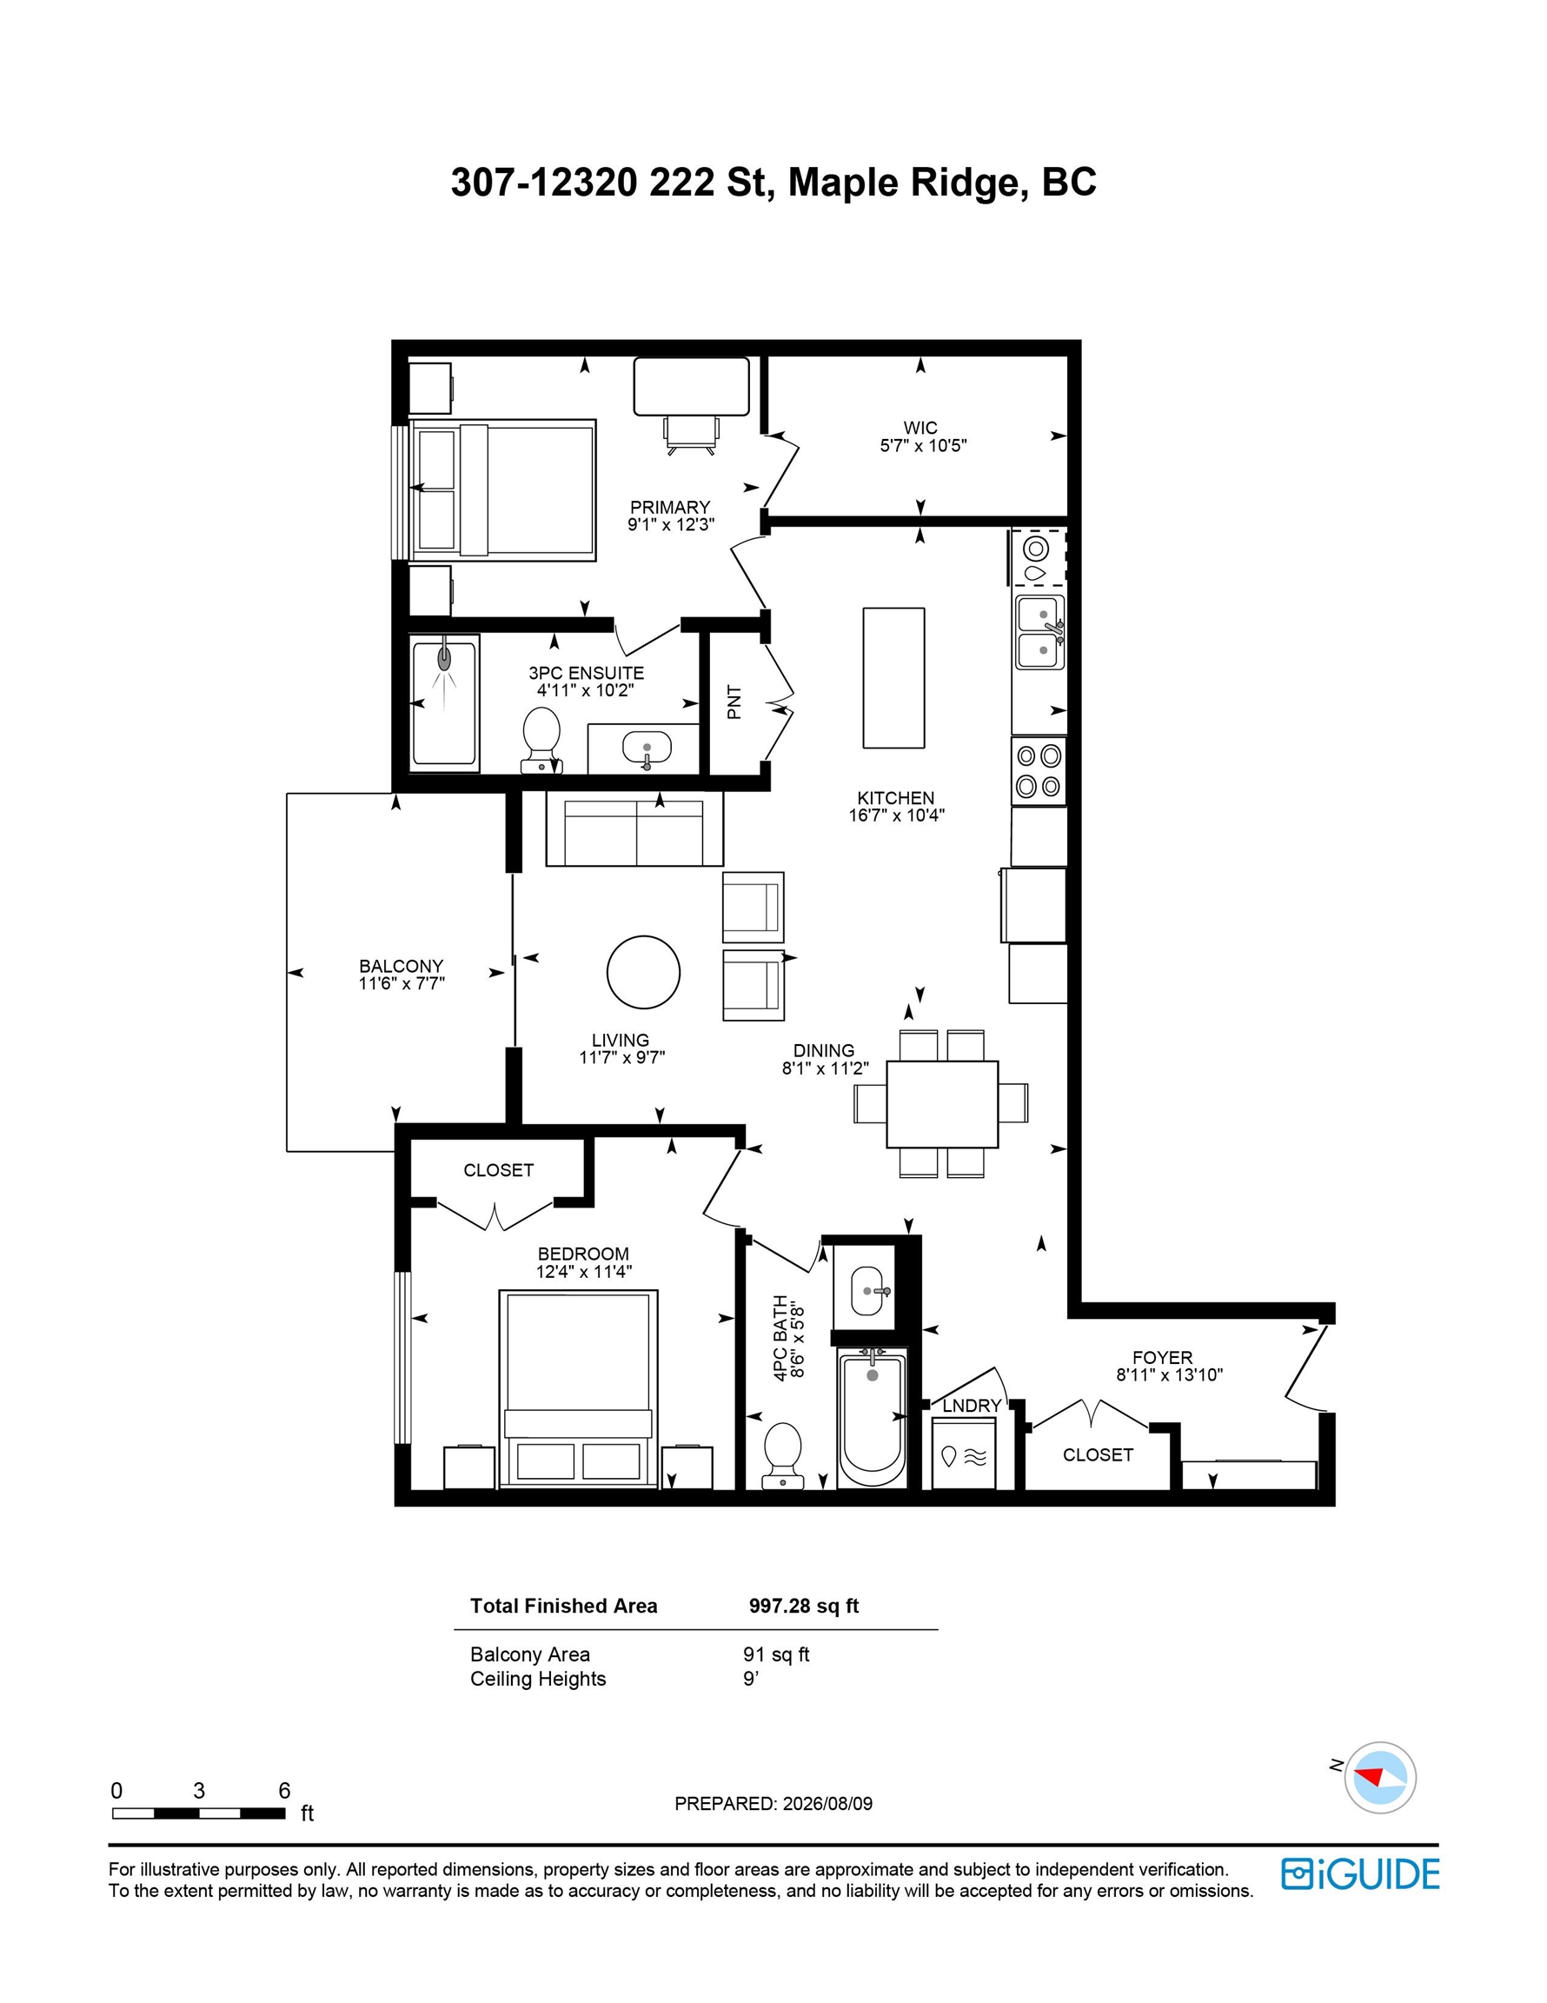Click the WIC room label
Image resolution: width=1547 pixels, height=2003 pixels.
[x=920, y=428]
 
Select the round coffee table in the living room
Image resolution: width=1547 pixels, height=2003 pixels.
[x=643, y=972]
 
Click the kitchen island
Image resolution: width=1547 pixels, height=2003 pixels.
[x=893, y=677]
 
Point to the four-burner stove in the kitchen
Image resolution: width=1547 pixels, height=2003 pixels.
[x=1038, y=771]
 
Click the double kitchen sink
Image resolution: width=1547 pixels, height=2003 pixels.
[x=1041, y=631]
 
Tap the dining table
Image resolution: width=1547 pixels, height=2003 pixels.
[x=942, y=1103]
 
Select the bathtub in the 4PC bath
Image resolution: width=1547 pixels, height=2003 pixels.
[x=871, y=1418]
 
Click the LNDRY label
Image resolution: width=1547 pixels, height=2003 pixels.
[x=972, y=1405]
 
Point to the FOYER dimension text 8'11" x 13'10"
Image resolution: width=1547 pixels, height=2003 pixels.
[x=1169, y=1374]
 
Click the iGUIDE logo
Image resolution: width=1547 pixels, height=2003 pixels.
[x=1360, y=1873]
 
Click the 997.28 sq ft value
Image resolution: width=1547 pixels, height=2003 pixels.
[x=803, y=1606]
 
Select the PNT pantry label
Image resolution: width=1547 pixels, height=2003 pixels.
[x=734, y=702]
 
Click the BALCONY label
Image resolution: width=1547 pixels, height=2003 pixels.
[x=401, y=966]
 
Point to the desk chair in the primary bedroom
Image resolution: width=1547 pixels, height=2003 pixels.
[x=692, y=434]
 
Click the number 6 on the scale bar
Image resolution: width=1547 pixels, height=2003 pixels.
[x=284, y=1790]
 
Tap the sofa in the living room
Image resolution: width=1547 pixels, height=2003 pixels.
[x=634, y=828]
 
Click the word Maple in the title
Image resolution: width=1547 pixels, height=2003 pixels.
[x=843, y=183]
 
